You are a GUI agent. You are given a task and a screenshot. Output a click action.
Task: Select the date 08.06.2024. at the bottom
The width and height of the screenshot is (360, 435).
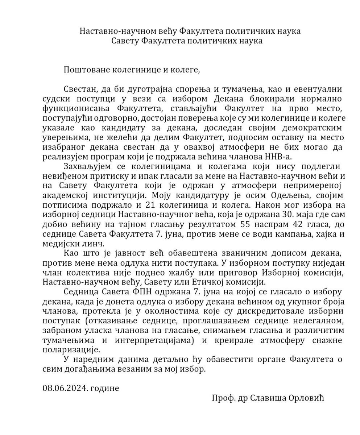point(65,388)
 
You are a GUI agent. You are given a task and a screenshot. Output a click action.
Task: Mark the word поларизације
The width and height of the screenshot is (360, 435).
point(71,350)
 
